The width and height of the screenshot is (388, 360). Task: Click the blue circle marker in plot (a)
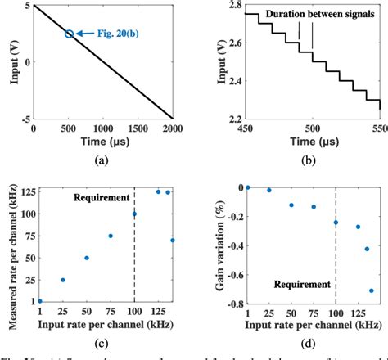point(69,34)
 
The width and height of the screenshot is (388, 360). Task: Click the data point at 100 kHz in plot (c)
point(134,214)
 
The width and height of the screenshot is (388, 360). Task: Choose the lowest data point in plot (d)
point(371,290)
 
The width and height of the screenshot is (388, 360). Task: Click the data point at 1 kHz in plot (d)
point(247,187)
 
